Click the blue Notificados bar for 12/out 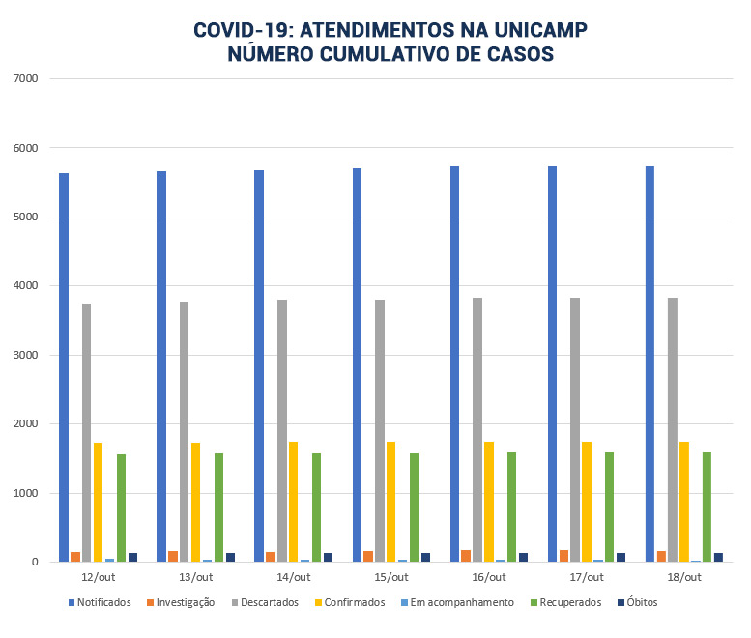coord(64,367)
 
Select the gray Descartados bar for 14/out coord(282,430)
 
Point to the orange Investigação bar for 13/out coord(173,556)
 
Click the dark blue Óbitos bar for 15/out coord(426,557)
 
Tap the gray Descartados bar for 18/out coord(673,429)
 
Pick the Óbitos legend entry coord(635,602)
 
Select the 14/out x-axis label coord(294,577)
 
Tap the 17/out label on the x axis coord(587,577)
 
